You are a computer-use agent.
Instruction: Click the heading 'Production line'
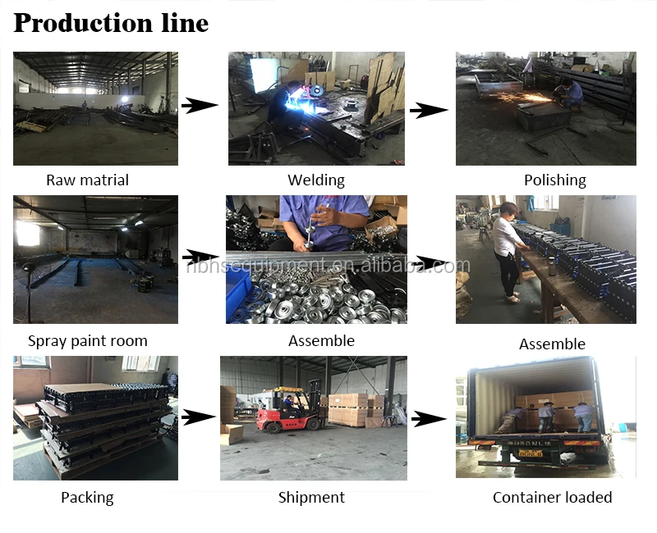pyautogui.click(x=111, y=23)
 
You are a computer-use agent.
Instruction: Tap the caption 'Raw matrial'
pyautogui.click(x=87, y=180)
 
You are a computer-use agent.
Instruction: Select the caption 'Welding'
pyautogui.click(x=316, y=180)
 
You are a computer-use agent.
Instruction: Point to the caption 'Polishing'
pyautogui.click(x=554, y=180)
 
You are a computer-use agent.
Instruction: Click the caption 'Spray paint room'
pyautogui.click(x=87, y=341)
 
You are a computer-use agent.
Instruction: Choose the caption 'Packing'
pyautogui.click(x=87, y=497)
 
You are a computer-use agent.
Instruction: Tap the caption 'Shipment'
pyautogui.click(x=311, y=497)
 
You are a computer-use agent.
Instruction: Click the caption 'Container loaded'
pyautogui.click(x=552, y=497)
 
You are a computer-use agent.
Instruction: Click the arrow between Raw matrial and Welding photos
pyautogui.click(x=200, y=106)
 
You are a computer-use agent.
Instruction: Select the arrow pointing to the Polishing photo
pyautogui.click(x=428, y=109)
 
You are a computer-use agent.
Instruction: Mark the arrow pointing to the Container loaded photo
pyautogui.click(x=428, y=419)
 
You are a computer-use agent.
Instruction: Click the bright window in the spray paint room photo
pyautogui.click(x=27, y=233)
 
